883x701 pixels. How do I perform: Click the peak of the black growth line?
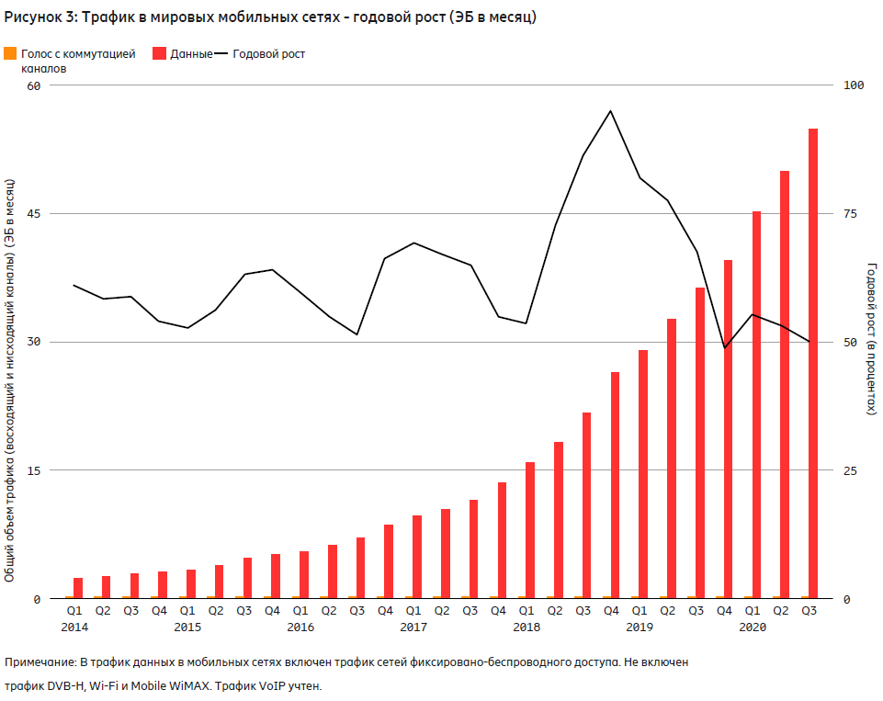tap(611, 111)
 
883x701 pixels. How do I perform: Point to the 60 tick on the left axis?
tap(35, 85)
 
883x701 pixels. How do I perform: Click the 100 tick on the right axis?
tap(854, 85)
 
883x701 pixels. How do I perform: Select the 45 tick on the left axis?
tap(35, 214)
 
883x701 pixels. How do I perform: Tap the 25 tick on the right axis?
tap(850, 470)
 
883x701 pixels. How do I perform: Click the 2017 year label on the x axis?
tap(413, 628)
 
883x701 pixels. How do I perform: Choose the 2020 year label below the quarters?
tap(753, 628)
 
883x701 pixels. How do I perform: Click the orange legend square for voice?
tap(9, 54)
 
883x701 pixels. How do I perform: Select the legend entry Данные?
tap(191, 54)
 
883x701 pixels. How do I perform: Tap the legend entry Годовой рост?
tap(268, 54)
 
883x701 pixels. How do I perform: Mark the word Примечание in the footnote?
tap(40, 661)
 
